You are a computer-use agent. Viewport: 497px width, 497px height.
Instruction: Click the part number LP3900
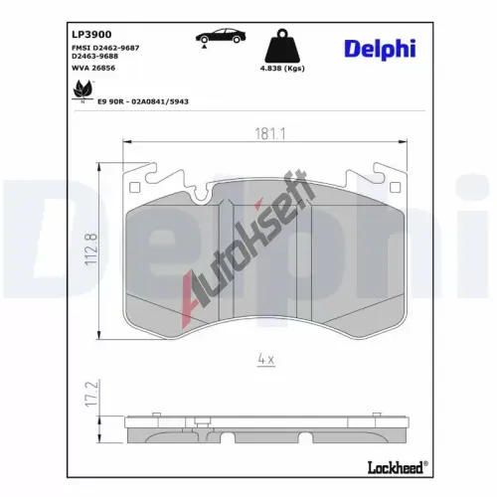click(x=91, y=34)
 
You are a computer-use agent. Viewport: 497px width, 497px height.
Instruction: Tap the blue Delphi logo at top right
click(x=380, y=50)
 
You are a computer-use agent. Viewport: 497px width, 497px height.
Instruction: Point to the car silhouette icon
click(x=221, y=36)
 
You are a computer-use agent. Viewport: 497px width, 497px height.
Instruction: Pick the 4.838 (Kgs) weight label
click(x=282, y=69)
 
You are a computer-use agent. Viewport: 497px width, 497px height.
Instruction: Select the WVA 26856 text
click(x=93, y=68)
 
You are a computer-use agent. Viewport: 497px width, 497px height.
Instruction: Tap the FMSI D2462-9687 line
click(x=105, y=48)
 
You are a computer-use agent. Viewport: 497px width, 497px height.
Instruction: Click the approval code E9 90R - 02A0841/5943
click(x=143, y=101)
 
